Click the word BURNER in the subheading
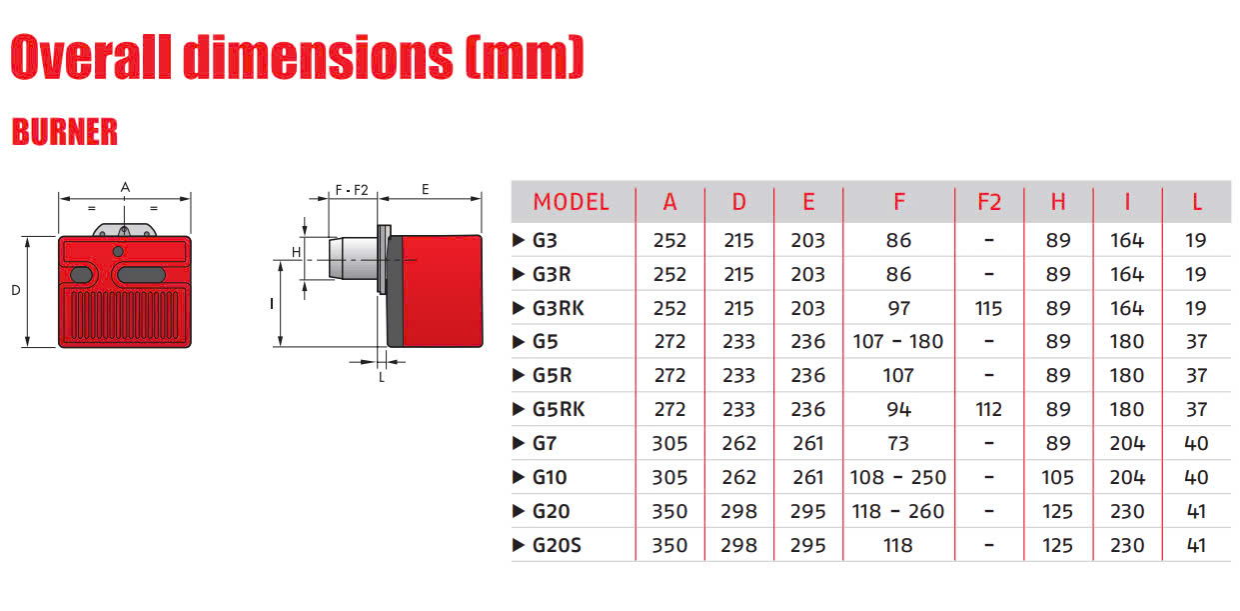[65, 132]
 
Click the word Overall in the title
[91, 57]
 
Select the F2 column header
[989, 202]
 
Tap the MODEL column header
[571, 202]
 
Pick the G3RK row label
[558, 308]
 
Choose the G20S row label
[557, 545]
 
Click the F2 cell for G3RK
[988, 308]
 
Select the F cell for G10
[898, 477]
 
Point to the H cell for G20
[1057, 511]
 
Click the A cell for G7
[669, 444]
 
